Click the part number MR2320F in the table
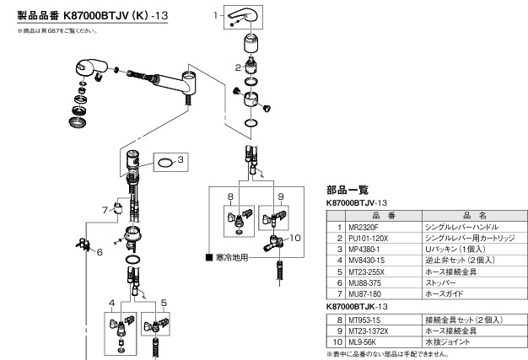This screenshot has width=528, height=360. tap(360, 228)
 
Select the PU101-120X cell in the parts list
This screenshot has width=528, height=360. tap(365, 239)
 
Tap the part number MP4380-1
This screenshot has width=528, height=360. tap(361, 249)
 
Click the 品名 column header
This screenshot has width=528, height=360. tap(471, 216)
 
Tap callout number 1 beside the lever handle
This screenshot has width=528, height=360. tap(216, 16)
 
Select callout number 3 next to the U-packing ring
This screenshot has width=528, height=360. tap(180, 157)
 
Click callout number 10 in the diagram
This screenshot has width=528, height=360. tap(295, 239)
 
